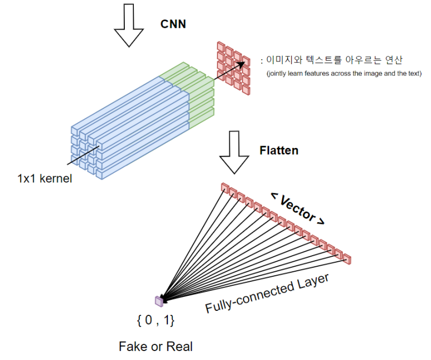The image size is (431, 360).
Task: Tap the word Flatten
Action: click(x=279, y=150)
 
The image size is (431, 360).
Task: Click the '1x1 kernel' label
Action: click(x=45, y=180)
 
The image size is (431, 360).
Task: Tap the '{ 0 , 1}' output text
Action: click(x=156, y=321)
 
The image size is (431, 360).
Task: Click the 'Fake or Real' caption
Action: click(x=156, y=347)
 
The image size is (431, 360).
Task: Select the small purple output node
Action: click(x=159, y=301)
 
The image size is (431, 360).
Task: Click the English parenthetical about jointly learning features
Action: click(x=343, y=74)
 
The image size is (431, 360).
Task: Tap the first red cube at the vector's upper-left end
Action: click(x=225, y=187)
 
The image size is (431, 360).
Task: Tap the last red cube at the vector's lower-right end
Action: click(x=348, y=258)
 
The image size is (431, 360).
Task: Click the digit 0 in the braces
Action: click(x=148, y=321)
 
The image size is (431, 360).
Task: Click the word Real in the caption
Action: click(x=178, y=347)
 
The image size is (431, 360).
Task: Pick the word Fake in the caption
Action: click(x=132, y=347)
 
